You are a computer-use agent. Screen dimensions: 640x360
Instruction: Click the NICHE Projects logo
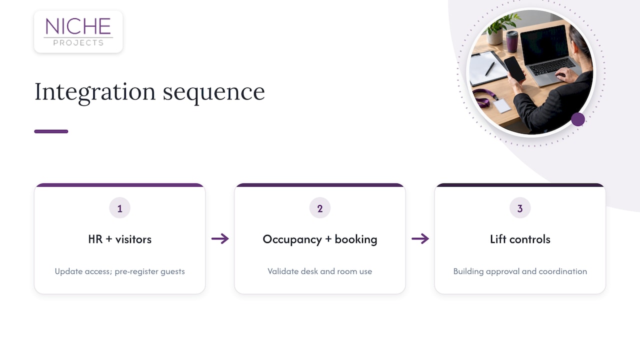[x=78, y=31]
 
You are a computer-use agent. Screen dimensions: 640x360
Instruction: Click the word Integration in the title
[x=95, y=92]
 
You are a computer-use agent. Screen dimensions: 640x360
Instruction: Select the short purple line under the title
[x=51, y=131]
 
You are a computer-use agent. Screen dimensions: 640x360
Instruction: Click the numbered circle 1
[x=119, y=207]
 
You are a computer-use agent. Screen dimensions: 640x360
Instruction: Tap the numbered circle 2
[x=320, y=207]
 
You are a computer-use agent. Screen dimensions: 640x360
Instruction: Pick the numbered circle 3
[x=520, y=207]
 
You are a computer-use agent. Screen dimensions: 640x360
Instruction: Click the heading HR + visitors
[x=119, y=239]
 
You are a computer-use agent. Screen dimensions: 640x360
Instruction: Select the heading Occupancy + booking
[x=320, y=239]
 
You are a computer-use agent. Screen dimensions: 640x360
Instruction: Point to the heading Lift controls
[x=520, y=239]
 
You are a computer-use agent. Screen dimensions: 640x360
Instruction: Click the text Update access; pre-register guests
[x=119, y=271]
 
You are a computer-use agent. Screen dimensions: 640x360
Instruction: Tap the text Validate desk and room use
[x=320, y=271]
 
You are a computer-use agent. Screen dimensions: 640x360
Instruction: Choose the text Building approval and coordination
[x=520, y=271]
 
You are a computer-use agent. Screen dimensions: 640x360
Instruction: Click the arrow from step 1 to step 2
[x=220, y=238]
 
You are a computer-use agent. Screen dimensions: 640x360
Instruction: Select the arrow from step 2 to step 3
[x=420, y=238]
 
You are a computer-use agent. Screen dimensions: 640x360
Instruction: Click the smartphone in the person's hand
[x=514, y=69]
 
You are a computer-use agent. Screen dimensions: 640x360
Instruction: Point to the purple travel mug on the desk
[x=512, y=41]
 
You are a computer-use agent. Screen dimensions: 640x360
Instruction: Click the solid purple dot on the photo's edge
[x=578, y=119]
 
